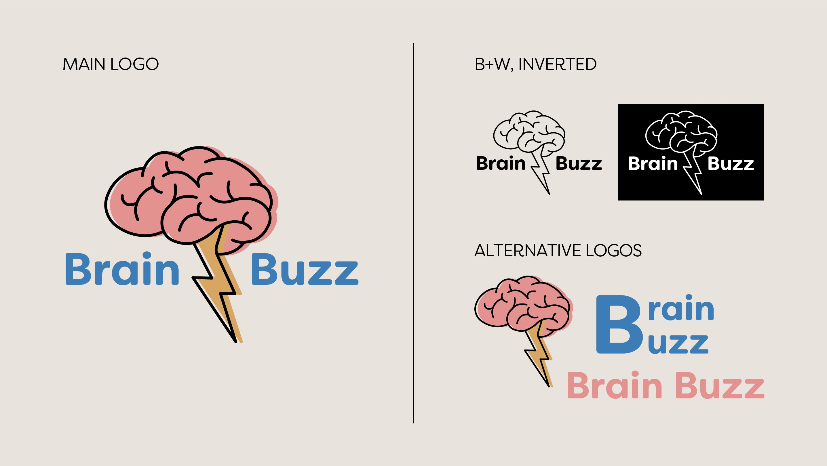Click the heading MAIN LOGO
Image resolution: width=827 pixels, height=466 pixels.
point(111,64)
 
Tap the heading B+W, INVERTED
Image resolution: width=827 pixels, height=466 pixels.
point(535,64)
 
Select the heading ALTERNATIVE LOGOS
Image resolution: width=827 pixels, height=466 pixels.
point(558,251)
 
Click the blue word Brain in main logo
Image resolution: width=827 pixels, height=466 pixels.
point(122,269)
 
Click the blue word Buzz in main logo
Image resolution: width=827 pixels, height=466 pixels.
point(304,270)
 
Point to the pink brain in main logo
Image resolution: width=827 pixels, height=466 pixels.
point(189,196)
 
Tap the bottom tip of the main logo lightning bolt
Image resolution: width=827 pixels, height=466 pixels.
point(236,342)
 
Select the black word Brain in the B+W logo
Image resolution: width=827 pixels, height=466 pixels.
point(501,163)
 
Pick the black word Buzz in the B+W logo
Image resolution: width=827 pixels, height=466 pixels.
point(579,164)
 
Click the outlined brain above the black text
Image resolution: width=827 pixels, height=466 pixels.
point(529,131)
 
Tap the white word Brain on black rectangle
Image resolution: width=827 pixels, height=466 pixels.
point(653,164)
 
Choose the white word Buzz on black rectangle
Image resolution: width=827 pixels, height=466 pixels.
point(731,164)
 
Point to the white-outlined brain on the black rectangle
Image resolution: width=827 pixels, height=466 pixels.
point(681,131)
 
